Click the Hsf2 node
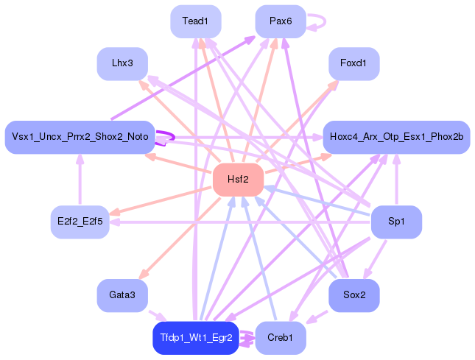click(x=238, y=180)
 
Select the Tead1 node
click(x=196, y=21)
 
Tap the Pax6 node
click(x=281, y=21)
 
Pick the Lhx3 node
click(x=122, y=63)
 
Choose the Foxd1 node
click(x=353, y=63)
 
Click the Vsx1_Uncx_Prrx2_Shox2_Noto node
click(x=80, y=137)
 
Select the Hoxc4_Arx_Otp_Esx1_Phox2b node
click(x=396, y=137)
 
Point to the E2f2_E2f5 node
click(x=80, y=222)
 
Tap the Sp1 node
click(x=396, y=222)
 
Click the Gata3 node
click(x=122, y=295)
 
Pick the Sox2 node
click(x=353, y=295)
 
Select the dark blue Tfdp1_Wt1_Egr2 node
click(x=196, y=338)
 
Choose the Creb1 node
click(x=281, y=338)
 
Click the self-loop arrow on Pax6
click(x=326, y=21)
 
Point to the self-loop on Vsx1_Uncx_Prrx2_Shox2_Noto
click(x=174, y=137)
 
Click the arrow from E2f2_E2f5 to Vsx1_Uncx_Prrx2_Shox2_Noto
click(x=80, y=180)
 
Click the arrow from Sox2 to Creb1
click(x=317, y=317)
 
